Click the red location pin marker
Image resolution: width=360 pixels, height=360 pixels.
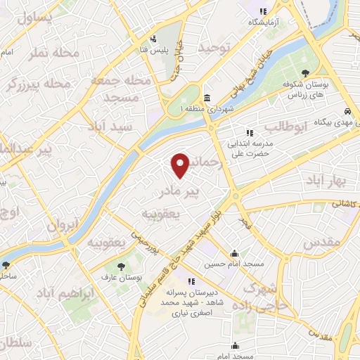pos(181,165)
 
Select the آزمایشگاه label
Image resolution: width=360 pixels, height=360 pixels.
pos(264,22)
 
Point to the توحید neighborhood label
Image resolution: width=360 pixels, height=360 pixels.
pos(214,47)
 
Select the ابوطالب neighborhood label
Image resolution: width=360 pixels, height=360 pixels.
pos(286,128)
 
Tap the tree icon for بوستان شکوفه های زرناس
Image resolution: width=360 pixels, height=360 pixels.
pos(305,72)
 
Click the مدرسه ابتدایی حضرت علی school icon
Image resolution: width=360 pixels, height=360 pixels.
pos(248,132)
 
